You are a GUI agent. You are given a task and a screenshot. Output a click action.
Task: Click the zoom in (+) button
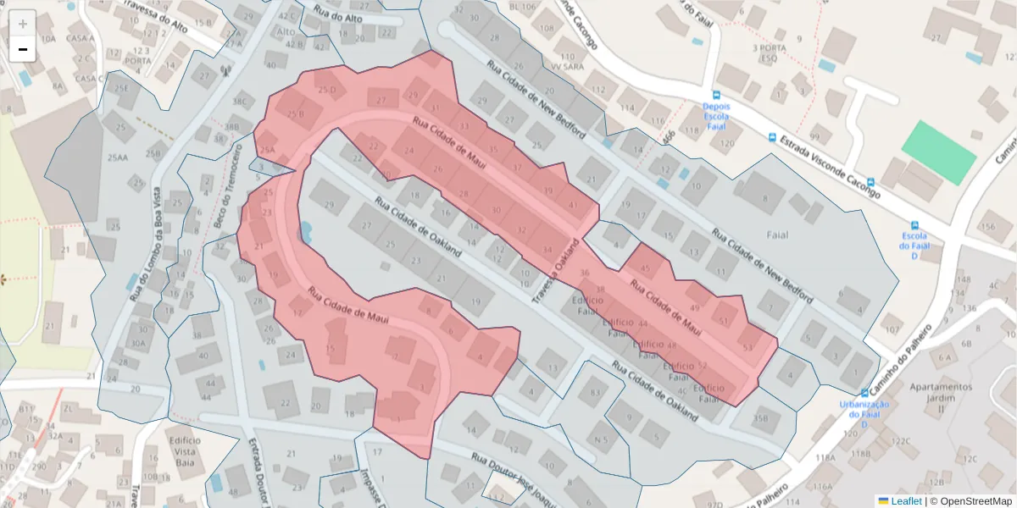[x=23, y=24]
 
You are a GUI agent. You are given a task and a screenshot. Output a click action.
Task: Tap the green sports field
[x=938, y=152]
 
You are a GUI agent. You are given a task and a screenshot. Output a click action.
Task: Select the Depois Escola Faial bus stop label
[x=715, y=117]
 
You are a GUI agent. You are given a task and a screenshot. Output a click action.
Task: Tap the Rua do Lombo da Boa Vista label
[x=145, y=246]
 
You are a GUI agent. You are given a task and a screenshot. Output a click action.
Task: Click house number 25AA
[x=118, y=157]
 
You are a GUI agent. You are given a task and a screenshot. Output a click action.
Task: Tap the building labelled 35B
[x=760, y=418]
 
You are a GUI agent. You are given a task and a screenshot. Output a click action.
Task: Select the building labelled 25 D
[x=326, y=89]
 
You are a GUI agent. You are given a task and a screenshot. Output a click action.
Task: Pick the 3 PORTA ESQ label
[x=769, y=53]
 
